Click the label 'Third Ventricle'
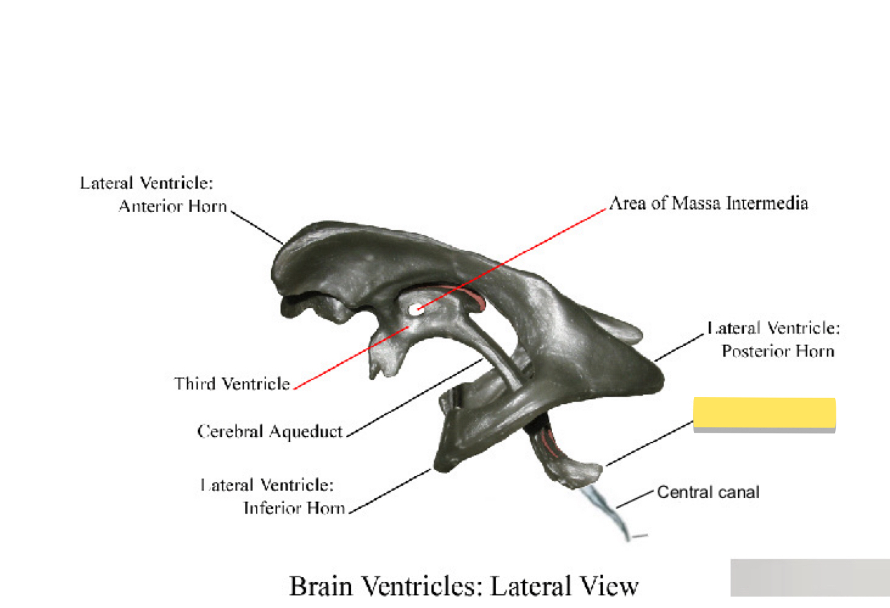pos(232,384)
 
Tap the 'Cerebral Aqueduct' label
pos(270,431)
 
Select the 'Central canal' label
pos(708,492)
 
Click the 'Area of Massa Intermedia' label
pos(708,203)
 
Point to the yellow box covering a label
pos(764,413)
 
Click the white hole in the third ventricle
pos(414,309)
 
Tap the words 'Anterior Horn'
pos(173,206)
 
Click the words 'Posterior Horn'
pos(778,351)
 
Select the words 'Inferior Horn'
pos(294,508)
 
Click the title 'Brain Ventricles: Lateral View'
pos(463,586)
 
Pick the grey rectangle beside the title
pos(810,578)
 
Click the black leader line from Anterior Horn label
pos(257,227)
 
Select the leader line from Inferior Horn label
pos(390,491)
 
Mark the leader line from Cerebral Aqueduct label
pos(414,398)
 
